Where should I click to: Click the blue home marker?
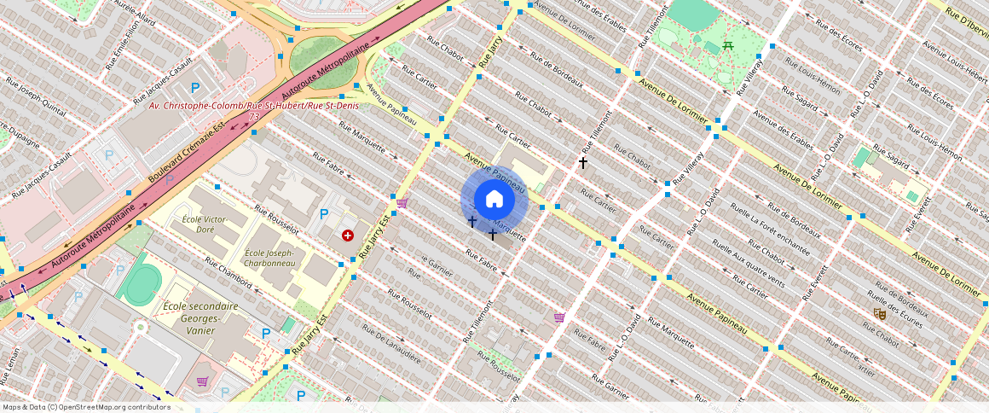click(x=494, y=200)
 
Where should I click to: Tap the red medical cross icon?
click(x=348, y=235)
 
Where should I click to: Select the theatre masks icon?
click(x=880, y=314)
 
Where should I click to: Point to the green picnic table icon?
click(x=728, y=45)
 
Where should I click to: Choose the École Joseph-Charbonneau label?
click(x=269, y=259)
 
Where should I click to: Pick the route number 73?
click(x=254, y=116)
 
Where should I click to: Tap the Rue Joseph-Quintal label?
click(x=37, y=98)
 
